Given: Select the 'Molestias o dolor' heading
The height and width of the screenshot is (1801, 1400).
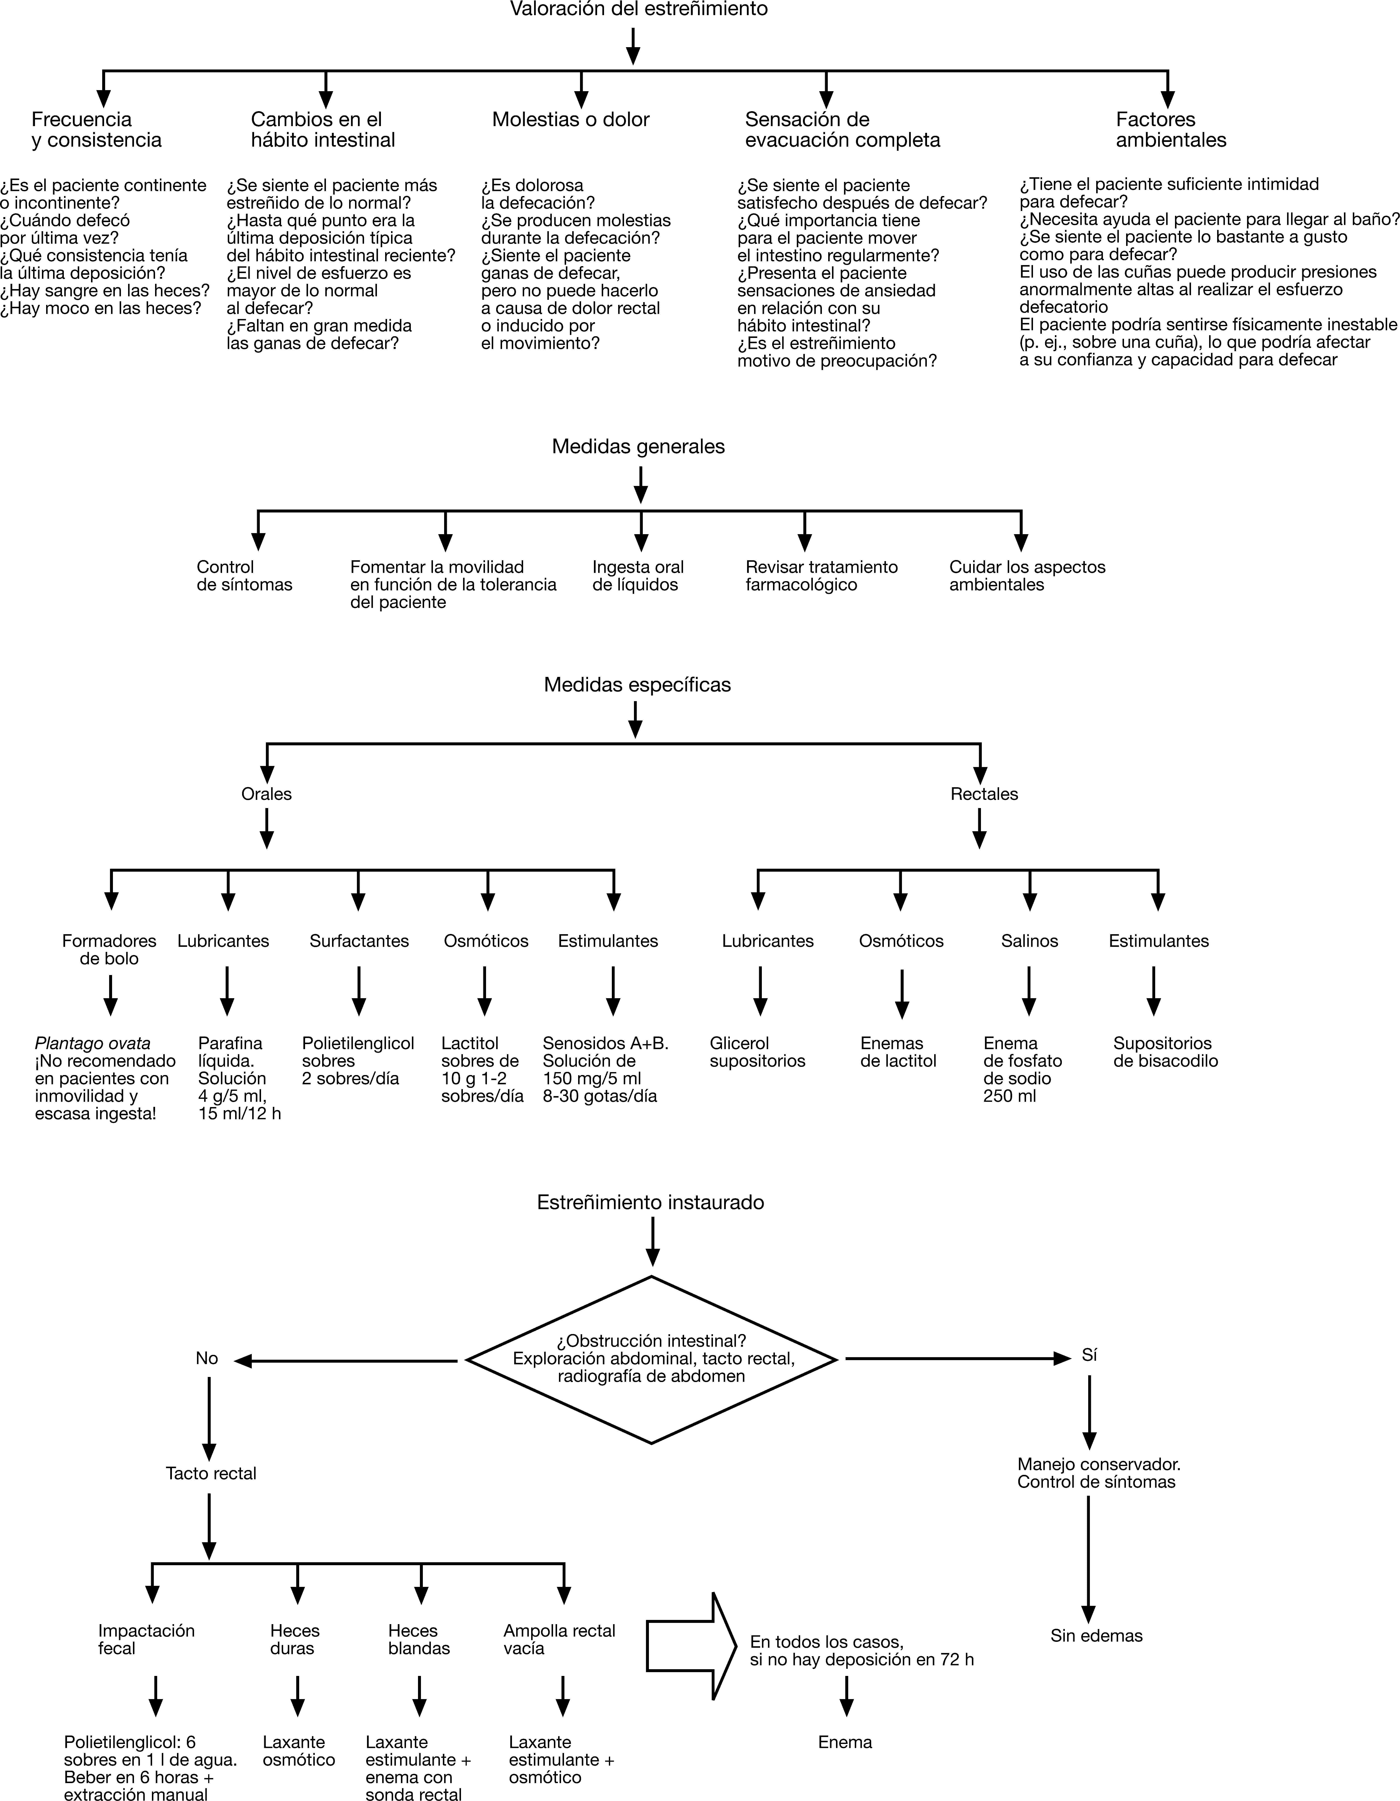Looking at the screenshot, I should pyautogui.click(x=571, y=120).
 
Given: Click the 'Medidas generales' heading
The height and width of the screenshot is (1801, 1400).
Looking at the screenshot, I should pyautogui.click(x=639, y=447).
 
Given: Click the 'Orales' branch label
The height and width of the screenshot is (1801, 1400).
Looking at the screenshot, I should pyautogui.click(x=267, y=794).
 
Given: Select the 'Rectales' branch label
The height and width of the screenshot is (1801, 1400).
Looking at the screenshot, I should pyautogui.click(x=984, y=794).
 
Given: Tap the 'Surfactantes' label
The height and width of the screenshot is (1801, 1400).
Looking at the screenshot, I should pyautogui.click(x=359, y=941).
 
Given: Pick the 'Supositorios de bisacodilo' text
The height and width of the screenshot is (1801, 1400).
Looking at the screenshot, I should pyautogui.click(x=1165, y=1052).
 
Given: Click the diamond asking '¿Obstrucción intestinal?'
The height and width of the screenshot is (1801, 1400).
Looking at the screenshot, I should pyautogui.click(x=652, y=1359).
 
